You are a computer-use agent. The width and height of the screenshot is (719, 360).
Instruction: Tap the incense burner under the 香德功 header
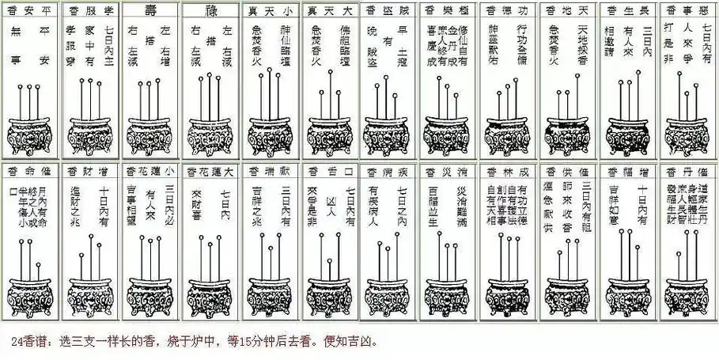click(x=507, y=135)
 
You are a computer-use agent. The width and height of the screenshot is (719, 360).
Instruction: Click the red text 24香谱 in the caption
click(x=31, y=343)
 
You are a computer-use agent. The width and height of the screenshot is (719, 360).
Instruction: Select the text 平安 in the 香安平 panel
click(x=44, y=44)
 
